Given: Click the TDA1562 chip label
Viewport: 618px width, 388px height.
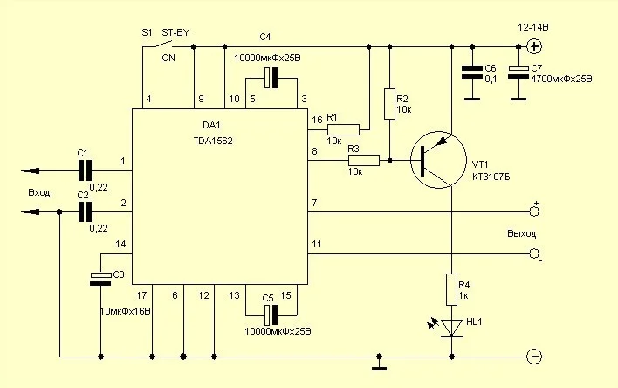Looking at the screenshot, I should tap(213, 140).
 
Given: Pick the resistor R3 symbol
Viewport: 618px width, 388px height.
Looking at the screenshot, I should tap(364, 160).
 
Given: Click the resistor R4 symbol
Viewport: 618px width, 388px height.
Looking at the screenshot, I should tap(452, 287).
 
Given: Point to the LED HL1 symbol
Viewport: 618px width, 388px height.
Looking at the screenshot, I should tap(451, 327).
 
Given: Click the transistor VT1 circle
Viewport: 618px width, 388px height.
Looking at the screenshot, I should tap(440, 160).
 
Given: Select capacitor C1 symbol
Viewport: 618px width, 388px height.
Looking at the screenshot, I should tap(85, 169).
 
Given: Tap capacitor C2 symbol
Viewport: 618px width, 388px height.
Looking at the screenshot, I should tap(85, 211).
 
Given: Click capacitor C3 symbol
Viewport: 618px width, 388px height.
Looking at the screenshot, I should tap(101, 277).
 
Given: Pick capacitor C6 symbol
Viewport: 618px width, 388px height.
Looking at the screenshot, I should tap(471, 73).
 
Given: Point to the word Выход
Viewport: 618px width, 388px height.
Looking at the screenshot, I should tap(521, 234).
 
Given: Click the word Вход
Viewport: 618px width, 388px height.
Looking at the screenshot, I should tap(39, 191).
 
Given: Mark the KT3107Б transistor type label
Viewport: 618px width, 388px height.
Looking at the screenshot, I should tap(492, 176).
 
